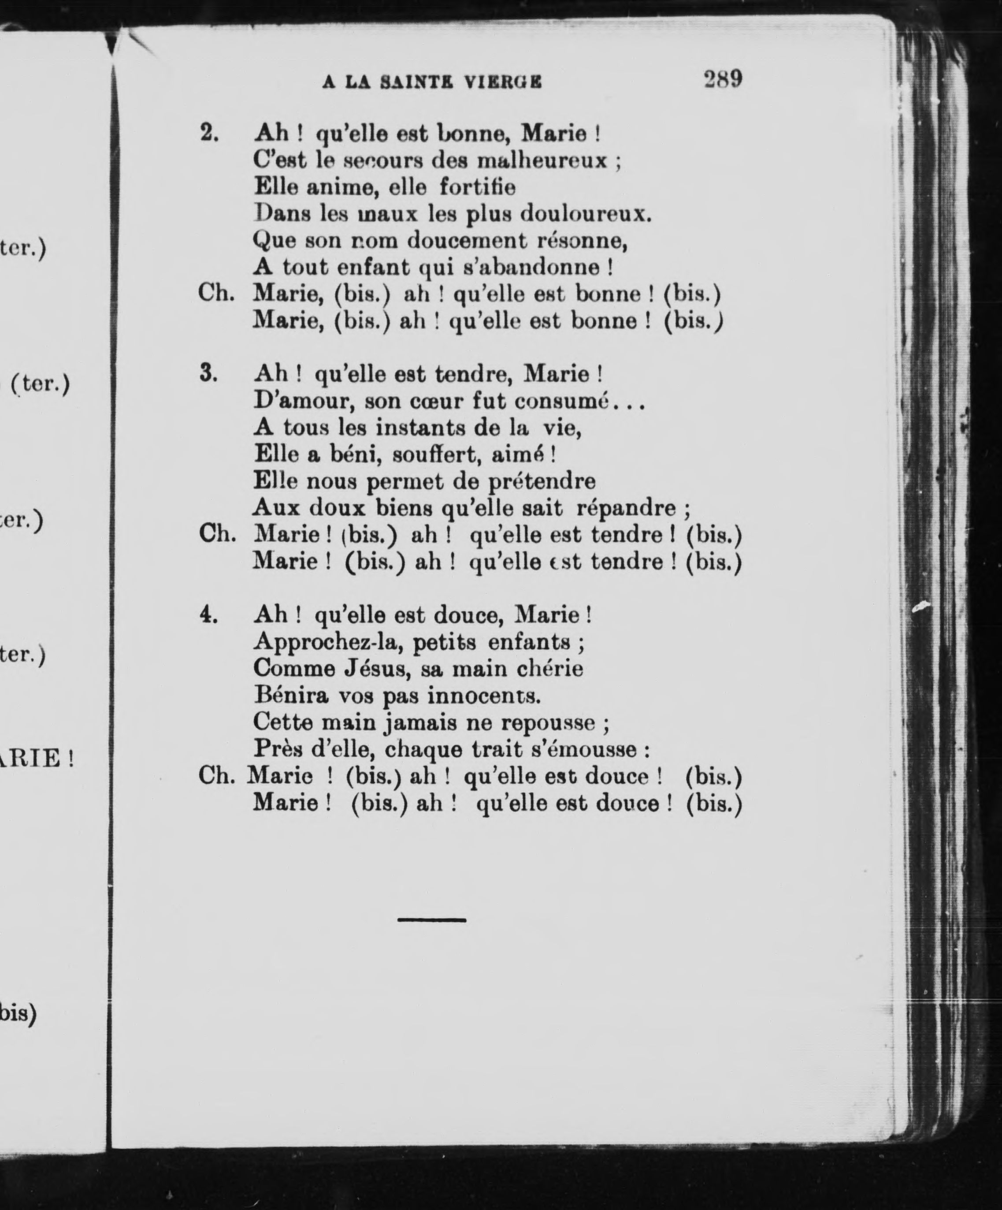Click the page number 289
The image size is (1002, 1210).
pyautogui.click(x=723, y=78)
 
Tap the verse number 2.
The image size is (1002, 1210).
pyautogui.click(x=209, y=134)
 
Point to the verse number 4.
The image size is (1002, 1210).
pyautogui.click(x=208, y=615)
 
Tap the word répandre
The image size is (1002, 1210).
pyautogui.click(x=626, y=508)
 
